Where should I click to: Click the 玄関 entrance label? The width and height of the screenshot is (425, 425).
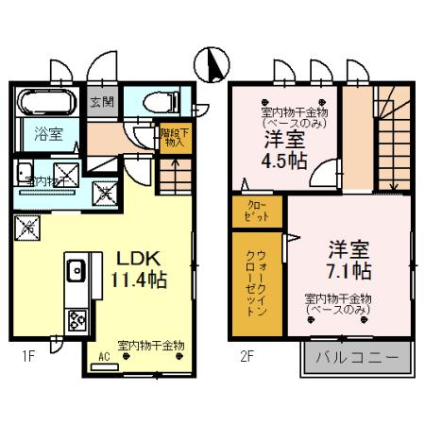[101, 101]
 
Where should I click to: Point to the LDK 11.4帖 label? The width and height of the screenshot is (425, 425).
[142, 269]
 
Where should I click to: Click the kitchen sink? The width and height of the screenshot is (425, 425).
[76, 273]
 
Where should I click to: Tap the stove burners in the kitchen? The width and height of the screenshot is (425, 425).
[76, 320]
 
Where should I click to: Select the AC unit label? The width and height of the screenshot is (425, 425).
[107, 357]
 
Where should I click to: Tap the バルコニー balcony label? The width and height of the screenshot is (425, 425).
[358, 358]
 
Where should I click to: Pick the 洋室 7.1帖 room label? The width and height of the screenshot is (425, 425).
[348, 261]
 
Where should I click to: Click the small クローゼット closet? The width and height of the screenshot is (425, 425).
[257, 211]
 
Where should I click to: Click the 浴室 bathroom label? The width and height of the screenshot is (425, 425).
[49, 134]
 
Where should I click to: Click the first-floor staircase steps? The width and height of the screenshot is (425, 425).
[171, 176]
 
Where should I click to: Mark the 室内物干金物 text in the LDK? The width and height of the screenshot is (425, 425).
[151, 345]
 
